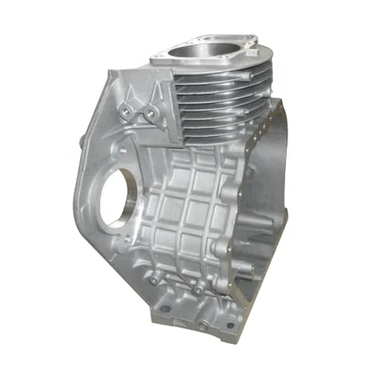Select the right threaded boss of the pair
[x=149, y=112]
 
